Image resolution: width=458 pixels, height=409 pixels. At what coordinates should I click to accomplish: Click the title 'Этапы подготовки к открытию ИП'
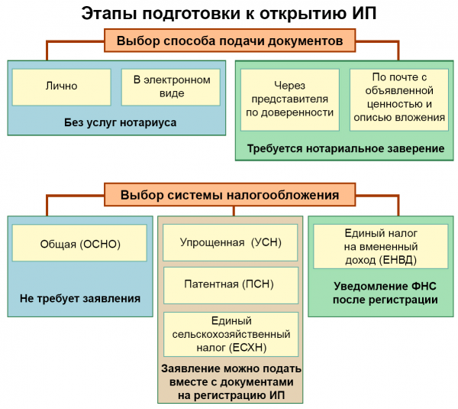tap(229, 14)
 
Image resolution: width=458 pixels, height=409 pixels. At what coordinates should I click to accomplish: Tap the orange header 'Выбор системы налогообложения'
tap(228, 195)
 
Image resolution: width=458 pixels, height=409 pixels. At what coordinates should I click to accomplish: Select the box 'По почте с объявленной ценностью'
tap(398, 99)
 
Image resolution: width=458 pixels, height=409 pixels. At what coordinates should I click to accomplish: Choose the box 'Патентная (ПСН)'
tap(229, 284)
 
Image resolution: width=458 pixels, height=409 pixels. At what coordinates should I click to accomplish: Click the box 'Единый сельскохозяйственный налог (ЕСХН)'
tap(229, 334)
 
